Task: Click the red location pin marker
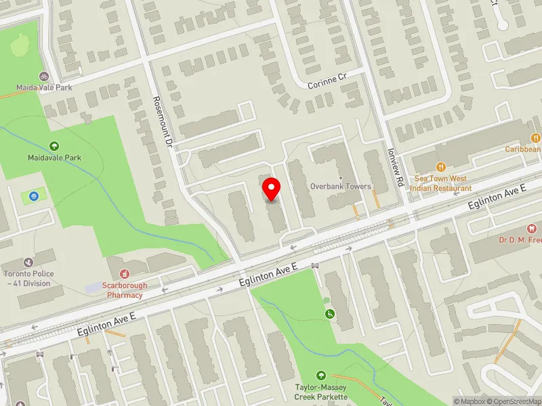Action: (x=272, y=190)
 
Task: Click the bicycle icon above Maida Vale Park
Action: (x=44, y=76)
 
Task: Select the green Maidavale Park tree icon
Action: (x=54, y=145)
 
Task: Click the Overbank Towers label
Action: (x=340, y=186)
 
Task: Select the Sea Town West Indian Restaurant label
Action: (x=443, y=183)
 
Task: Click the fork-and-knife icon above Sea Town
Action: (x=440, y=166)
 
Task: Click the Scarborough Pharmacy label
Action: (x=125, y=290)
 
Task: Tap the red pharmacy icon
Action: (x=125, y=273)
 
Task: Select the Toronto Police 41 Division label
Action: (x=28, y=279)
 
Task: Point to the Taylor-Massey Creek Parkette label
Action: (x=321, y=392)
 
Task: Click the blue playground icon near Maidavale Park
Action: (x=33, y=197)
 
